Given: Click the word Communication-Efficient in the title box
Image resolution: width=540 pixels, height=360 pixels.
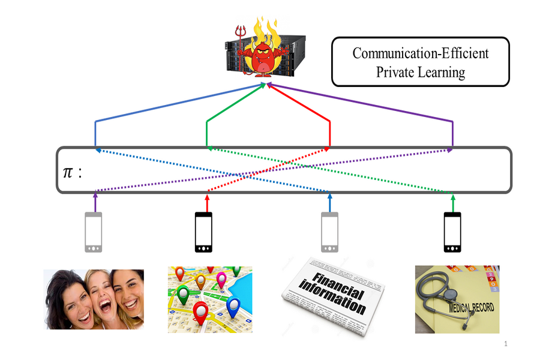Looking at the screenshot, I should [420, 53].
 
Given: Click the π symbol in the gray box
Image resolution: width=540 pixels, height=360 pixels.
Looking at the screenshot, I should [69, 173].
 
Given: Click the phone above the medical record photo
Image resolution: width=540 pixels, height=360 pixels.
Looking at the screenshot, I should [452, 233].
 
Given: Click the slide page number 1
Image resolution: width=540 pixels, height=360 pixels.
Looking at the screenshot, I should [506, 344].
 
